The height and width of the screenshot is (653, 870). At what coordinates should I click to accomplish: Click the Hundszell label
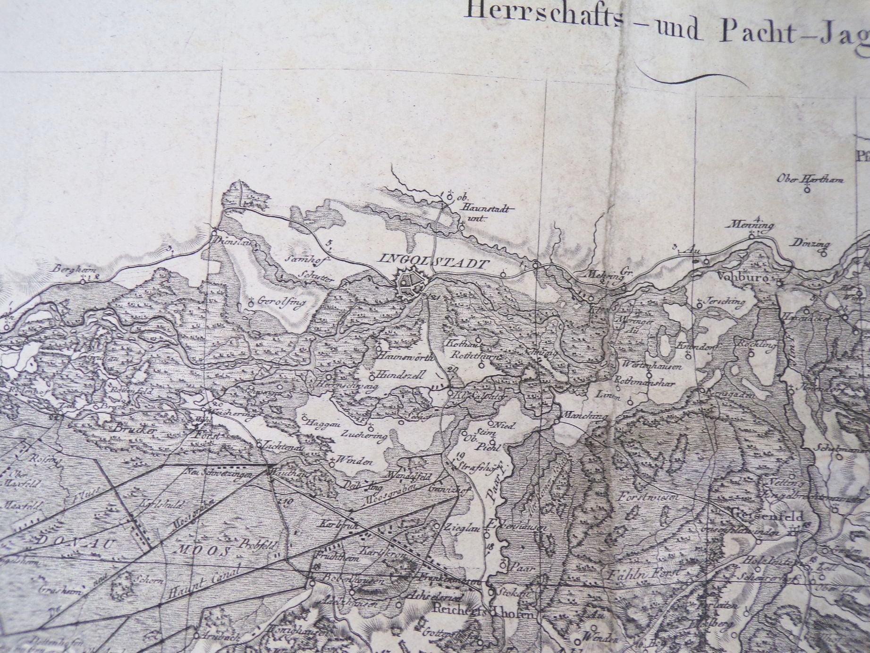pyautogui.click(x=401, y=374)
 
